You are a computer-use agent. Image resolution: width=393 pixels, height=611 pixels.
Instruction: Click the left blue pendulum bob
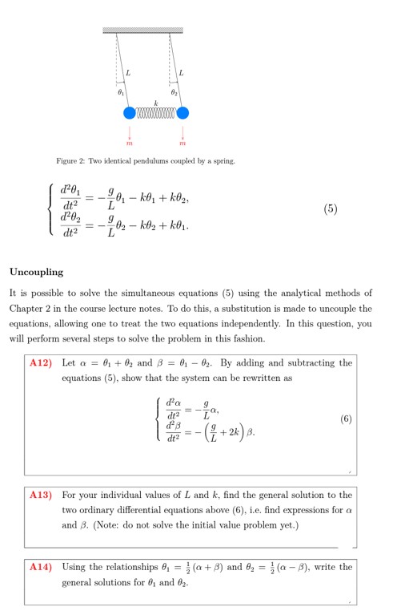point(130,112)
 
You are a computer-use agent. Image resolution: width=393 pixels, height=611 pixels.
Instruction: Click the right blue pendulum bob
point(182,112)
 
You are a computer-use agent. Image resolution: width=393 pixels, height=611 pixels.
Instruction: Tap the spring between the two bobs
point(156,113)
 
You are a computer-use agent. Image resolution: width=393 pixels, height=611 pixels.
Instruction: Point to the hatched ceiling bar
point(143,30)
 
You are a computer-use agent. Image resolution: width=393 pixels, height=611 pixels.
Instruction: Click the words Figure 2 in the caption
point(71,162)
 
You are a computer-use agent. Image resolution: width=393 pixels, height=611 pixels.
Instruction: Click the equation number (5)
point(331,209)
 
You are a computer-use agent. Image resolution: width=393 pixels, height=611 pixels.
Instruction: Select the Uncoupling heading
point(36,272)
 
